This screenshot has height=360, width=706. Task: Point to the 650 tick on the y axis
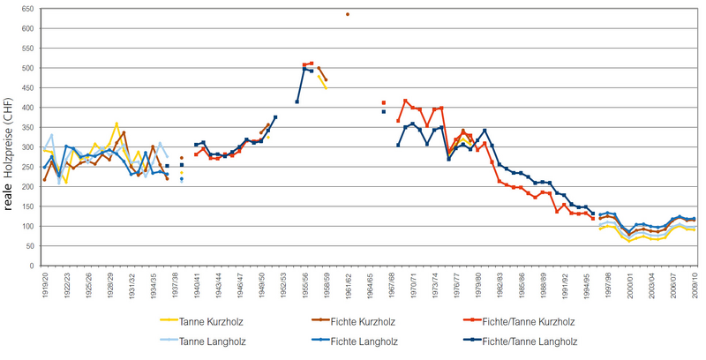tap(27, 9)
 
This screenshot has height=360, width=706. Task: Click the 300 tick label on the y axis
tap(27, 146)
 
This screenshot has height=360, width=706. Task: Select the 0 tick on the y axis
tap(32, 266)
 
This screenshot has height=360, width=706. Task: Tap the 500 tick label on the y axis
tap(27, 68)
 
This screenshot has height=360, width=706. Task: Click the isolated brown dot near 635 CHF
tap(348, 14)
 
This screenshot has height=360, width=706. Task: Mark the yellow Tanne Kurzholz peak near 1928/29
tap(116, 124)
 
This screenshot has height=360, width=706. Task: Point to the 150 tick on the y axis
tap(27, 206)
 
